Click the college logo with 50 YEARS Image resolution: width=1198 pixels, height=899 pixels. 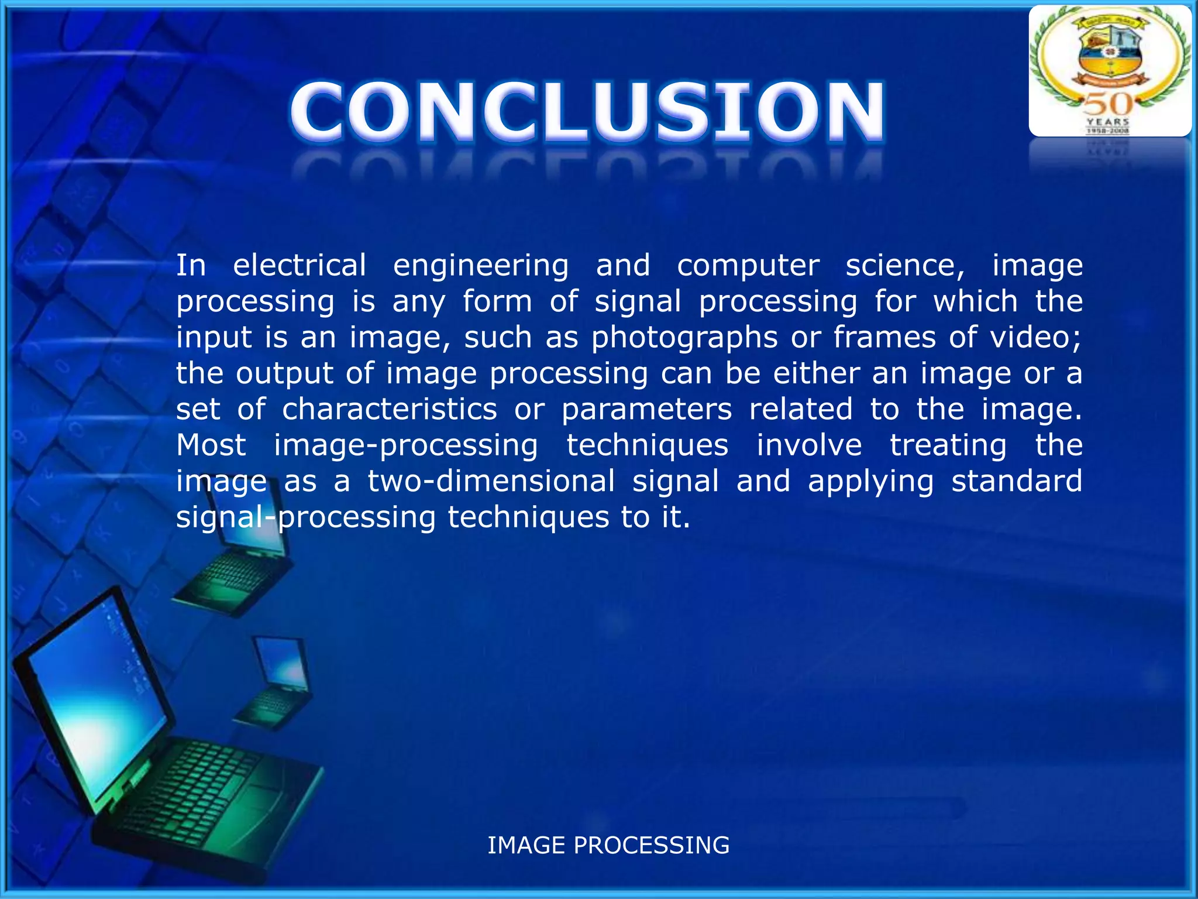pyautogui.click(x=1110, y=71)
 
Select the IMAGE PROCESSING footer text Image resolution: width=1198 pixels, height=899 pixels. pyautogui.click(x=608, y=845)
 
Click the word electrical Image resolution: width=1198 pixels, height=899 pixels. pyautogui.click(x=299, y=265)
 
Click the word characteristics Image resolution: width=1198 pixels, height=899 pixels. pyautogui.click(x=390, y=409)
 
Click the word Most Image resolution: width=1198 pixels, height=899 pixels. pyautogui.click(x=211, y=445)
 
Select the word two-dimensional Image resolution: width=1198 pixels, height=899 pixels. pyautogui.click(x=491, y=481)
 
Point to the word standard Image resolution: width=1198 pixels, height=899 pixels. pyautogui.click(x=1017, y=481)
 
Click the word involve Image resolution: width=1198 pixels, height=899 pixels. pyautogui.click(x=809, y=445)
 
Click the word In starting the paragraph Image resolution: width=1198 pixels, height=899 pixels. pyautogui.click(x=191, y=265)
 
